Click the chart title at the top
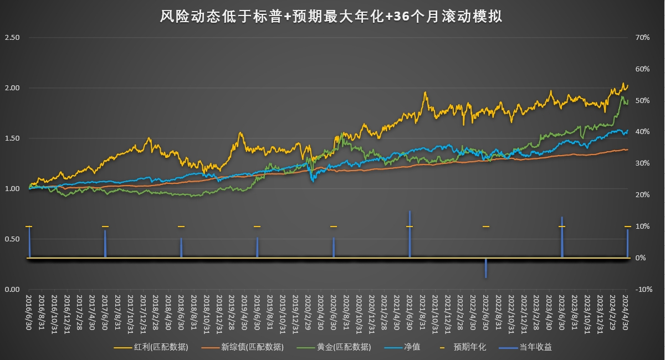click(331, 17)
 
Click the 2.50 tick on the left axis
click(12, 38)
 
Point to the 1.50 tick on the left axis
click(12, 138)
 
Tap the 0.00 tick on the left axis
click(12, 289)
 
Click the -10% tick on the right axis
click(643, 289)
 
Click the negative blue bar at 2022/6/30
click(486, 268)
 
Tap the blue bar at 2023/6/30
click(562, 237)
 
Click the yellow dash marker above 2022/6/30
click(486, 227)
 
